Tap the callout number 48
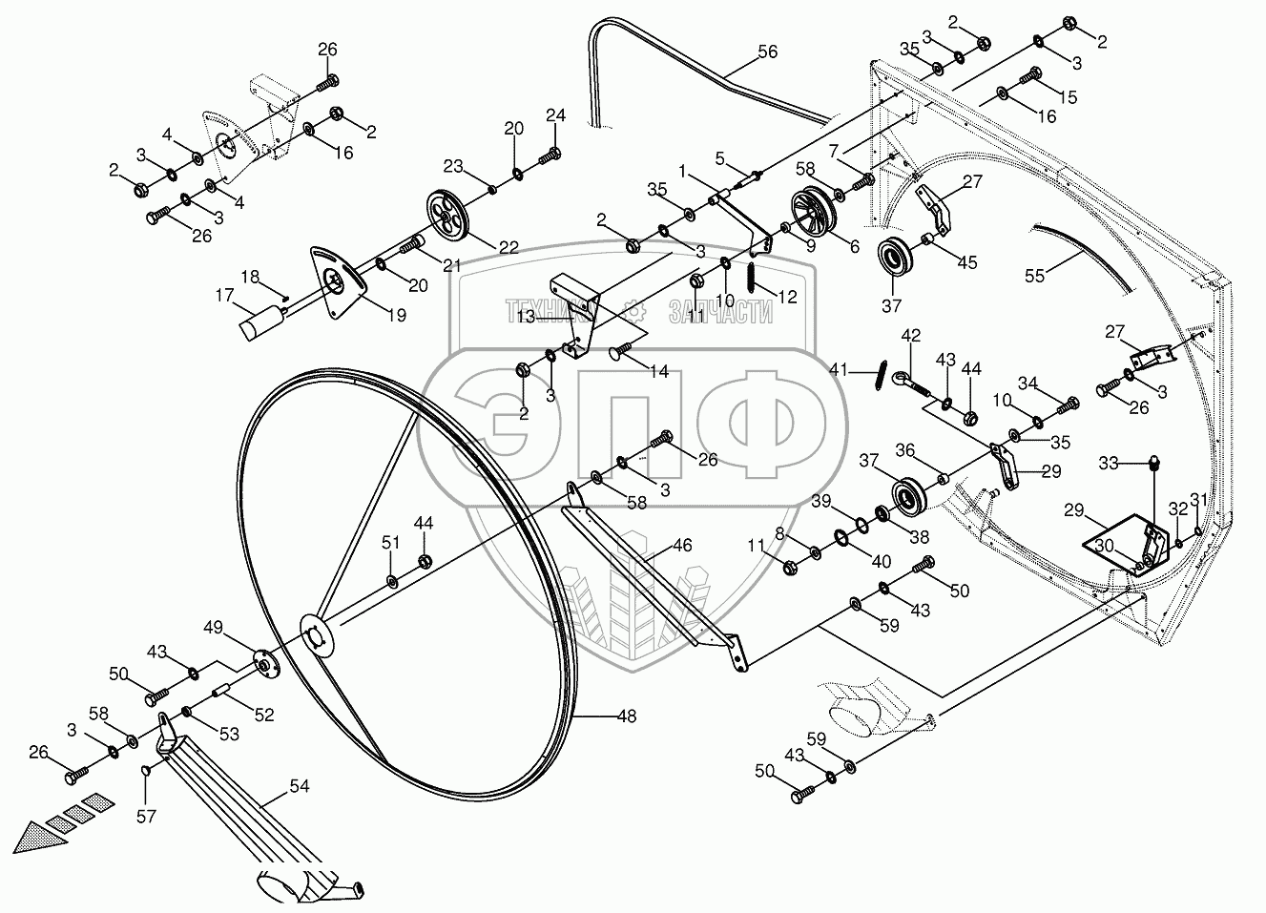coord(627,716)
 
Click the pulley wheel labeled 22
coord(447,216)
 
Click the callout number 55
coord(1035,276)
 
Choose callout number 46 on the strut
coord(682,547)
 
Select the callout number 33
coord(1108,463)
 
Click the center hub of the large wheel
coord(316,633)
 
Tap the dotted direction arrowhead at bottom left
coord(43,837)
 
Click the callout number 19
coord(396,314)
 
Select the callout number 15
coord(1068,97)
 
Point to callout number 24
coord(556,115)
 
